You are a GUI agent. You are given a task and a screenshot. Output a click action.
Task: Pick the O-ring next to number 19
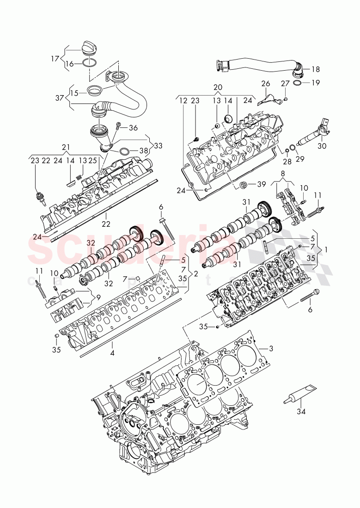[x=298, y=83]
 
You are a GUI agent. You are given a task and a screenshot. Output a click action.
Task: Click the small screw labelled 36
[x=119, y=125]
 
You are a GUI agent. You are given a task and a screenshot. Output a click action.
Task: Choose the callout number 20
[x=218, y=87]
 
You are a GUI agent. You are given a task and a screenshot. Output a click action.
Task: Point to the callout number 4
[x=112, y=355]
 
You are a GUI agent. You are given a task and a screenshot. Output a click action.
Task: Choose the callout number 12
[x=183, y=100]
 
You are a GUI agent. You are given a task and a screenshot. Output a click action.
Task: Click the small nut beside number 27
[x=287, y=99]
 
